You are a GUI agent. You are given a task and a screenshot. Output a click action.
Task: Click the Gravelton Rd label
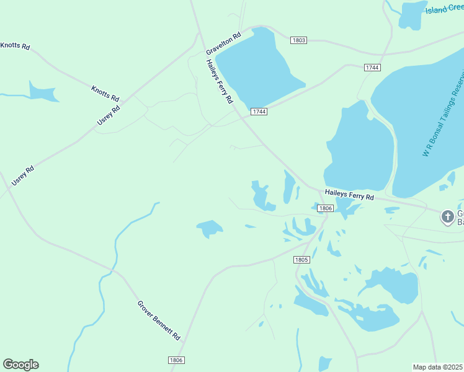(223, 43)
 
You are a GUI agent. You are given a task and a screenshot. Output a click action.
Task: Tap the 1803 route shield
(298, 40)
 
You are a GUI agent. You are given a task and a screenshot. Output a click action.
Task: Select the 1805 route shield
(301, 260)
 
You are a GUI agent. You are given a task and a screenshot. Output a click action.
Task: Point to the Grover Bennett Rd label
(158, 321)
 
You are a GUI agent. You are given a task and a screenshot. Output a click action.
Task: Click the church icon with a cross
(447, 217)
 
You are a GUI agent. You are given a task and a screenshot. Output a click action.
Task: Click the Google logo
(20, 365)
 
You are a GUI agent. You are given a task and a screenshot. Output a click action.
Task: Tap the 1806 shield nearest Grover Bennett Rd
(176, 360)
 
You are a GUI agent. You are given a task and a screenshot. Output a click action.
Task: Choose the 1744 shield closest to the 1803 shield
(373, 67)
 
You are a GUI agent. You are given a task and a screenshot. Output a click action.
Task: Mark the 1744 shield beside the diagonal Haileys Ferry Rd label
(259, 112)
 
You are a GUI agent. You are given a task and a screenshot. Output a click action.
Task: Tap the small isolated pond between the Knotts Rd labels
(42, 92)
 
